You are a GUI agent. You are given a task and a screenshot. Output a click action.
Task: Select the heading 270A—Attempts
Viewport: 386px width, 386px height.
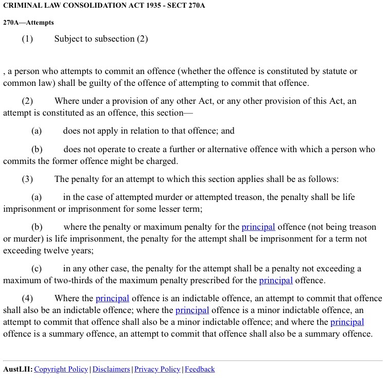point(28,23)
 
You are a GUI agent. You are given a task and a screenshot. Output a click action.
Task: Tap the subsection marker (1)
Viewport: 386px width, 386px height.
point(27,39)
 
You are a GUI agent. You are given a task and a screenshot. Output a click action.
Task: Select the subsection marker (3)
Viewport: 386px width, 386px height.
point(27,179)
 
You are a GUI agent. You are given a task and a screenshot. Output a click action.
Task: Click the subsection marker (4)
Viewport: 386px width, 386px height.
point(27,298)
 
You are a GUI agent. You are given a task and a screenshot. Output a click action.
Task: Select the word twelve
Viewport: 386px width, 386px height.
point(61,251)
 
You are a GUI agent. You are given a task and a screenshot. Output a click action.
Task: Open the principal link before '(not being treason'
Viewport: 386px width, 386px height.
point(258,227)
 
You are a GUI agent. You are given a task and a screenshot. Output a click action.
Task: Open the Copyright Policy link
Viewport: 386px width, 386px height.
point(61,369)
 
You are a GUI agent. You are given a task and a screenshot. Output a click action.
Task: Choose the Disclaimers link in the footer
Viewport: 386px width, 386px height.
point(111,369)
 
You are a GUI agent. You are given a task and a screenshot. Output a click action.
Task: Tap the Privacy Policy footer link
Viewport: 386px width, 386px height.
point(157,369)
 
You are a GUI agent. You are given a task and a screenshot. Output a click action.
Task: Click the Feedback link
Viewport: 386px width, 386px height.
point(200,369)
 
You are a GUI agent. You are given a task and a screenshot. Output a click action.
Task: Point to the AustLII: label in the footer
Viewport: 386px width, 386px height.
point(17,369)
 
